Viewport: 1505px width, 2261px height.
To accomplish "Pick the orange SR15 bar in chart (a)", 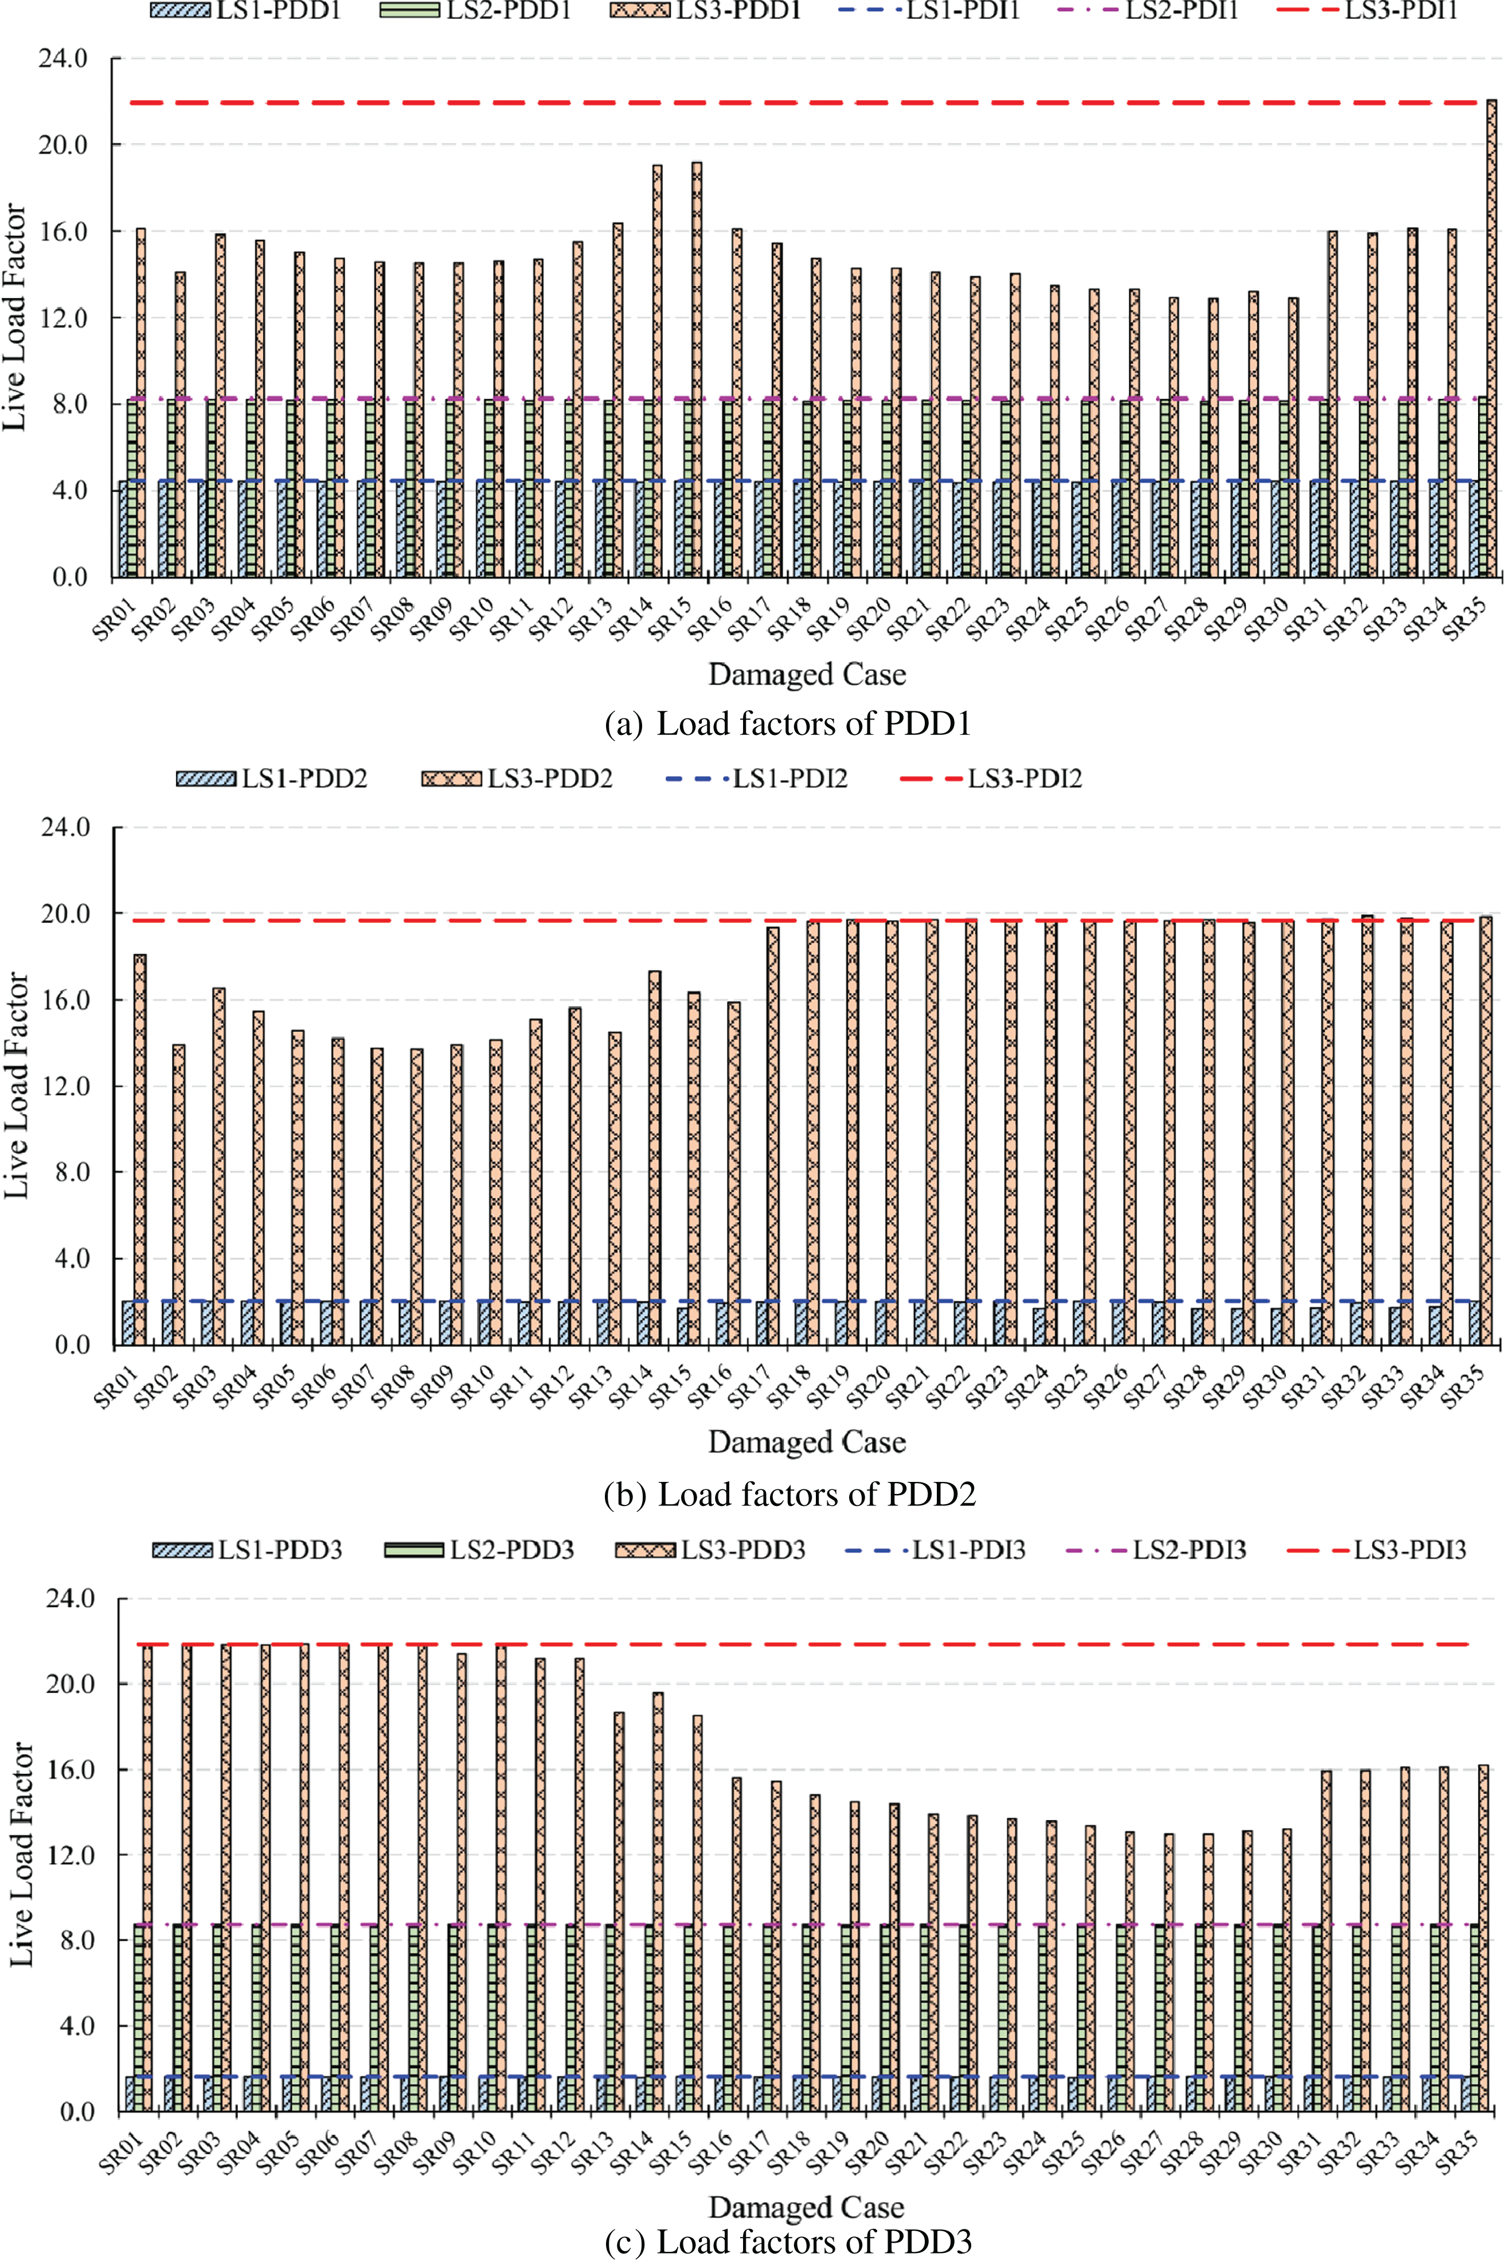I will (x=696, y=369).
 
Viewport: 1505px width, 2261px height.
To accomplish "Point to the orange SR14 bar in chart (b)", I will (x=655, y=1156).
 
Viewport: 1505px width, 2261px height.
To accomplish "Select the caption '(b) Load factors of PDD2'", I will (x=789, y=1494).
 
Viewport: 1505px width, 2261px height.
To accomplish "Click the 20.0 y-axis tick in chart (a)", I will (x=62, y=145).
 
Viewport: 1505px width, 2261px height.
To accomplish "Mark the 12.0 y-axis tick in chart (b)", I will (x=64, y=1086).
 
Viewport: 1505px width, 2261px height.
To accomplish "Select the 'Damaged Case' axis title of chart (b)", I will (x=806, y=1442).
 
